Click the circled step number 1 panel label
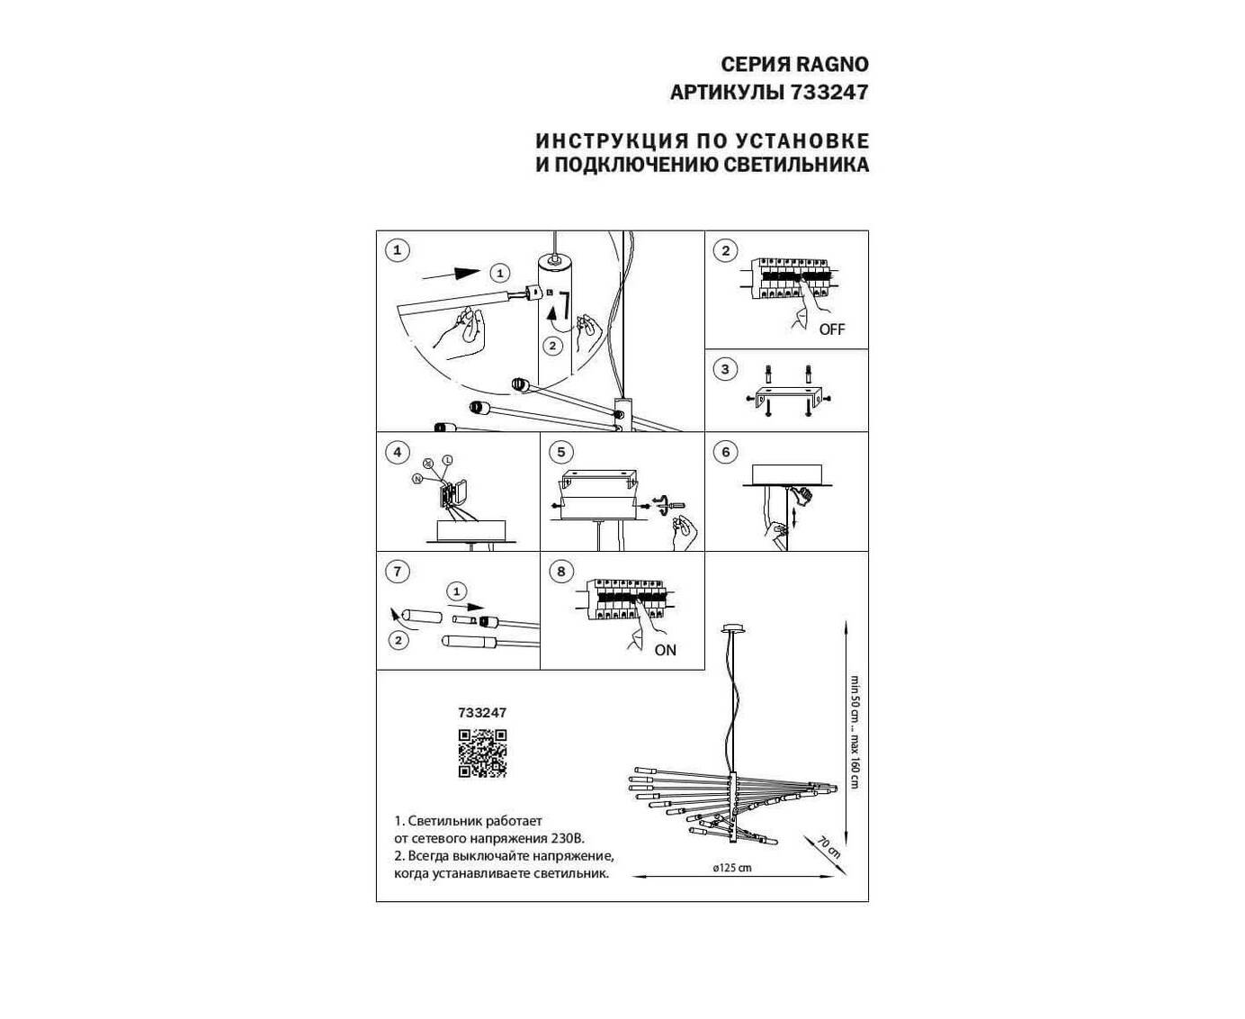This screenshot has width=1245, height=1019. click(x=397, y=250)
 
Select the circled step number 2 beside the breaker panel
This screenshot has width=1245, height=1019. click(x=725, y=250)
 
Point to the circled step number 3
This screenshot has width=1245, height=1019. click(x=725, y=369)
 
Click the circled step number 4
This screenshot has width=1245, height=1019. click(x=397, y=452)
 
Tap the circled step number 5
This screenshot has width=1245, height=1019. click(x=560, y=452)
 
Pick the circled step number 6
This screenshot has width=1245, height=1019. click(x=725, y=452)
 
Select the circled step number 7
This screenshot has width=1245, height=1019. click(x=397, y=571)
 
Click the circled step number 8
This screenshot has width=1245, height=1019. click(x=560, y=571)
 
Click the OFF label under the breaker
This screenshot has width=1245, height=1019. click(x=832, y=329)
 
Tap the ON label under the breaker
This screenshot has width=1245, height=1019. click(x=666, y=650)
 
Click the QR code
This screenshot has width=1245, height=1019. click(x=482, y=753)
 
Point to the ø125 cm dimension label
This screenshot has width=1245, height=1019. click(x=731, y=869)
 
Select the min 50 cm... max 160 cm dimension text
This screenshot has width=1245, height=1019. click(x=855, y=731)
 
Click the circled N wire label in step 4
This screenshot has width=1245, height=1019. click(x=417, y=478)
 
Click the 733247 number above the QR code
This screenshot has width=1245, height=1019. click(x=482, y=712)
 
